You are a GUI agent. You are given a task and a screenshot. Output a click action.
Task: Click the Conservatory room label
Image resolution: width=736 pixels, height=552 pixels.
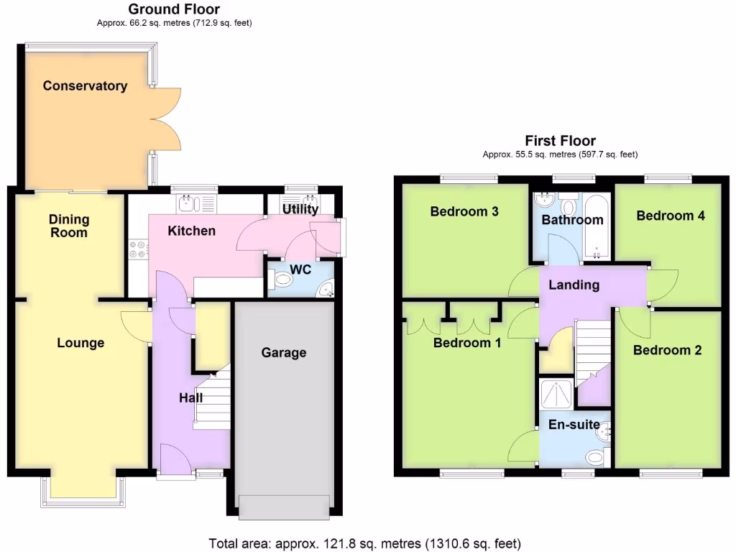[85, 86]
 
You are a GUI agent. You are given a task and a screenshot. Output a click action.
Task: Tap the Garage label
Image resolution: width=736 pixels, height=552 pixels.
[284, 353]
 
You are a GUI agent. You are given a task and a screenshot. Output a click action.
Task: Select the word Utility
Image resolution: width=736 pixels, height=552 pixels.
[300, 210]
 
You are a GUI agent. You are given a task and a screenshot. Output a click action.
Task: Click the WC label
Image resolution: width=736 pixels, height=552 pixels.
[300, 270]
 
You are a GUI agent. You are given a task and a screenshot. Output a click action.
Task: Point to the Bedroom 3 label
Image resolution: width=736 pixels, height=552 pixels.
[464, 212]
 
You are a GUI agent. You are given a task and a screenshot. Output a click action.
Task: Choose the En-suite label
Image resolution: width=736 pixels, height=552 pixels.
[574, 425]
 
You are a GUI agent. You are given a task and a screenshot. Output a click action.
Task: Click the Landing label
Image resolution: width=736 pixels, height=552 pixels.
[574, 285]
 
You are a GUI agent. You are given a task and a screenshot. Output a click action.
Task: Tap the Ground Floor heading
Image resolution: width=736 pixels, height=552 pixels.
[174, 9]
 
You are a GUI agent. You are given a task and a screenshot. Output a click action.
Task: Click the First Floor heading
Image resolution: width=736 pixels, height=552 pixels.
[560, 141]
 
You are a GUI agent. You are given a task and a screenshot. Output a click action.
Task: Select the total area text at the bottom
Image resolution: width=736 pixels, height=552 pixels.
[364, 543]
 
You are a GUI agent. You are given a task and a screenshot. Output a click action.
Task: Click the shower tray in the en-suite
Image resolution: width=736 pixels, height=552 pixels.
[557, 394]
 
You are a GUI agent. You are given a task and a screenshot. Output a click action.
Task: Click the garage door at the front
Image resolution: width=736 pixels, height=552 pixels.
[285, 507]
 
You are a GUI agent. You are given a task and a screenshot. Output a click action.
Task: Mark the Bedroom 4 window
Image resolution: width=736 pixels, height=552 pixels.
[668, 177]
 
